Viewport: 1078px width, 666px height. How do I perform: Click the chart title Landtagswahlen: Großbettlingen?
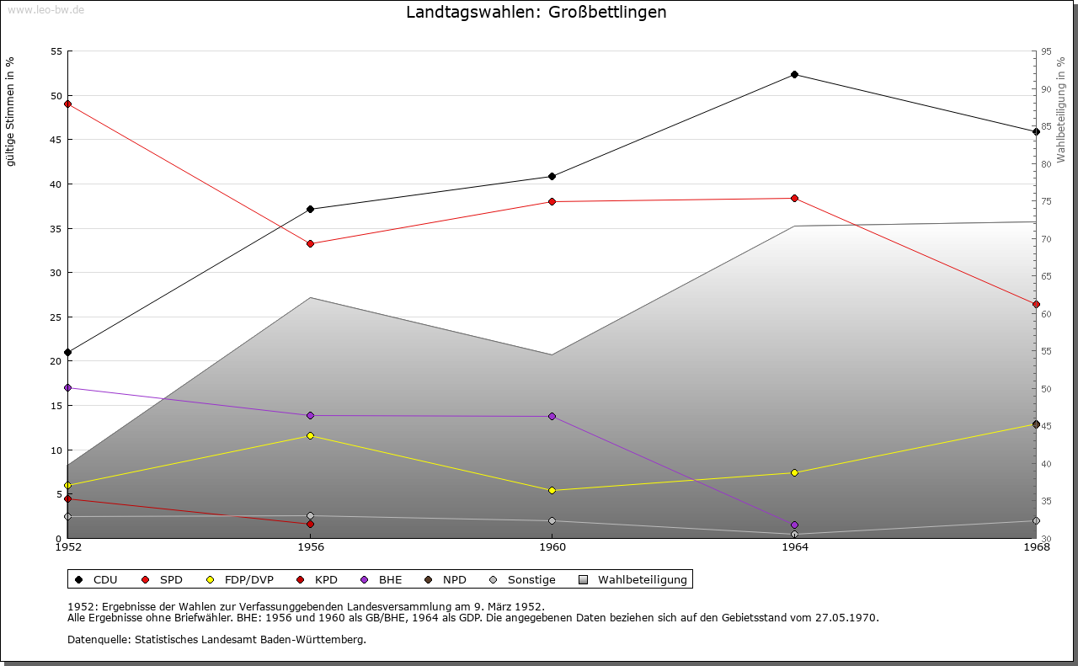pos(536,13)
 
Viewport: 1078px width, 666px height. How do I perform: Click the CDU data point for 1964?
pos(794,75)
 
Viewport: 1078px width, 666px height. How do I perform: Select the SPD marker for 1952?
pos(67,104)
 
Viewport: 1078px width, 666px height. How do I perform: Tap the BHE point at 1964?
pos(794,525)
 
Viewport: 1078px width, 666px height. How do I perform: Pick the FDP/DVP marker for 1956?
pos(311,436)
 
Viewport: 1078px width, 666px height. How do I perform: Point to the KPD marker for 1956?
pos(311,525)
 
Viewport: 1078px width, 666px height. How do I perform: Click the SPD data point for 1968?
pos(1037,305)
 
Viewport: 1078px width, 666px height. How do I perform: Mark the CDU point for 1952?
pos(67,353)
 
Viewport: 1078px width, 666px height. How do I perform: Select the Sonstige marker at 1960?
pos(552,521)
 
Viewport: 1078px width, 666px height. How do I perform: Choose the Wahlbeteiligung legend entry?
pos(634,580)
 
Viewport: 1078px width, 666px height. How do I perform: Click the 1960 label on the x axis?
pos(552,547)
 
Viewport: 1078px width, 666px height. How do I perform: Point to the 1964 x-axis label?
pos(794,547)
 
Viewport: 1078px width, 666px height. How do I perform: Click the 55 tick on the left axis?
pos(56,51)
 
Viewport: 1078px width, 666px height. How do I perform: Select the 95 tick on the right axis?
pos(1047,51)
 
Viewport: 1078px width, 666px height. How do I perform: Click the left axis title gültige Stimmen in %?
pos(11,111)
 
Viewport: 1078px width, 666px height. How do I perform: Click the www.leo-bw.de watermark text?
pos(45,9)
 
